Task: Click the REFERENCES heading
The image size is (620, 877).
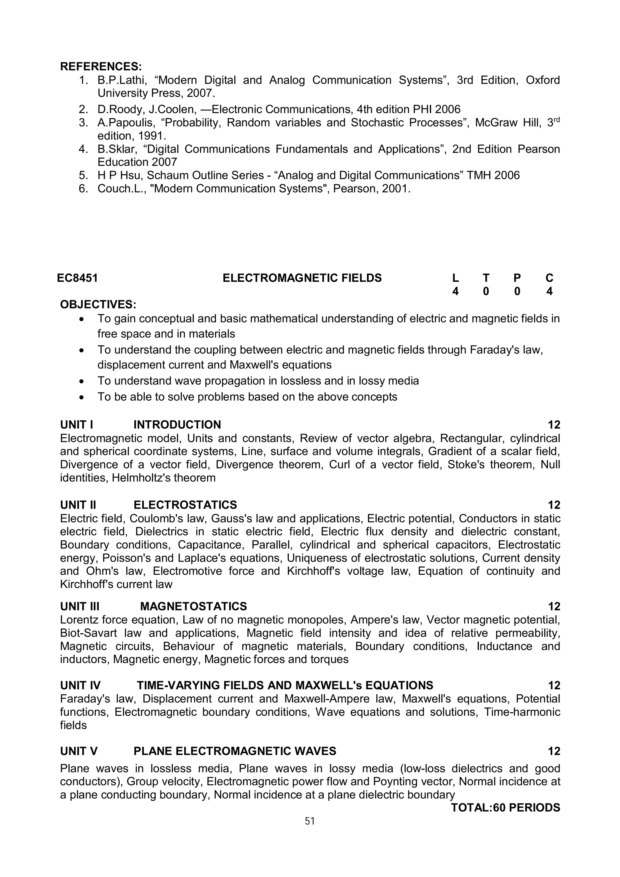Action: (101, 67)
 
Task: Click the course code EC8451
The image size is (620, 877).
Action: (77, 278)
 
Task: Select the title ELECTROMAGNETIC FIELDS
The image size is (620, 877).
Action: (302, 278)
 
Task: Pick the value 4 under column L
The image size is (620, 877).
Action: (455, 291)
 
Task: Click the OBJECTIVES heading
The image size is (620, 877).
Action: (98, 304)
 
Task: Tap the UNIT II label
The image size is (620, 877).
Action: (78, 505)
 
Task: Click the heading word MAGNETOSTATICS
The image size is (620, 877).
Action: (193, 606)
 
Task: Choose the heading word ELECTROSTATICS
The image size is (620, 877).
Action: (185, 505)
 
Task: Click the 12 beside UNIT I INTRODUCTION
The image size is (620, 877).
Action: (553, 425)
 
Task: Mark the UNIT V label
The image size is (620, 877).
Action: (79, 751)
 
